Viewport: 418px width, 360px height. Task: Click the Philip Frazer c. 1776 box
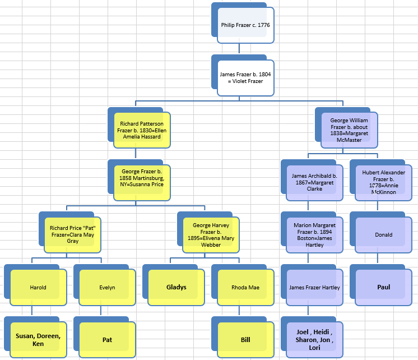pos(245,25)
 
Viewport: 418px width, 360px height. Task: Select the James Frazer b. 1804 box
pos(245,77)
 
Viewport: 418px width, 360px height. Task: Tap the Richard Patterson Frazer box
pos(142,130)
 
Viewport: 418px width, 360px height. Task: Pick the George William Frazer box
pos(349,130)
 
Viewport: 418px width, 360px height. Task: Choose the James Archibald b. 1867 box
pos(314,182)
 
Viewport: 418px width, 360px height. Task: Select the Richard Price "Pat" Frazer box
pos(72,234)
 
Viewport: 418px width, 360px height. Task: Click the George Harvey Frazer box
pos(211,234)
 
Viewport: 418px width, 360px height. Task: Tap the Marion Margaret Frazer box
pos(314,234)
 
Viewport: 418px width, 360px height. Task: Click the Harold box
pos(38,287)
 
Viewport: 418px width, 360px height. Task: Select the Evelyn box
pos(107,287)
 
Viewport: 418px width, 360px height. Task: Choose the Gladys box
pos(176,287)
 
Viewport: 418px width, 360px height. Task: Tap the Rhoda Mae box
pos(245,287)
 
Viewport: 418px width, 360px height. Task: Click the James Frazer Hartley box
pos(314,287)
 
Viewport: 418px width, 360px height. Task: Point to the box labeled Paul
pos(384,287)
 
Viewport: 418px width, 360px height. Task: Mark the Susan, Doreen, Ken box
pos(38,340)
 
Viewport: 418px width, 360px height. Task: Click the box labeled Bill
pos(245,340)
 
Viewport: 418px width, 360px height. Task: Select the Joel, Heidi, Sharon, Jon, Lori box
pos(314,340)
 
